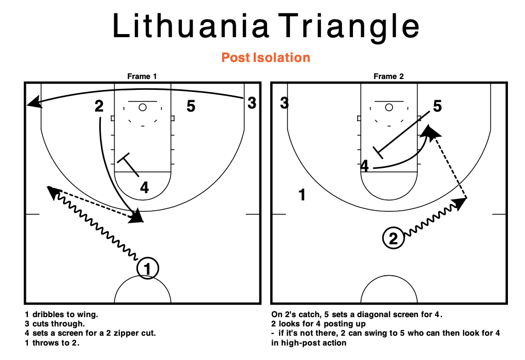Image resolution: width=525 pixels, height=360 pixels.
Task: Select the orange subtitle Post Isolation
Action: coord(266,57)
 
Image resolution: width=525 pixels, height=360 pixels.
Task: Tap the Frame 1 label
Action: coord(142,76)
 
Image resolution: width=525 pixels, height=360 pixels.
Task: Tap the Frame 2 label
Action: coord(389,76)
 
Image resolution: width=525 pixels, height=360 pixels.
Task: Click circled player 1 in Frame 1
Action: coord(148,269)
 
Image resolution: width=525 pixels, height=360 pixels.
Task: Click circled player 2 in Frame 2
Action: coord(393,239)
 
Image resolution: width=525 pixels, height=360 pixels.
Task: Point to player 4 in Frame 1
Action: coord(145,188)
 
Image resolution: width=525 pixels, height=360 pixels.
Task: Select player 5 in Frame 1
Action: coord(191,107)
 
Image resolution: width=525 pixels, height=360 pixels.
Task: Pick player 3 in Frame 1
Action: coord(252,103)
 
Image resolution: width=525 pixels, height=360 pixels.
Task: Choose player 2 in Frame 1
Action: coord(99,106)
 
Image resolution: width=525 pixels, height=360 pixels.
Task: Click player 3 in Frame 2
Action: coord(284,103)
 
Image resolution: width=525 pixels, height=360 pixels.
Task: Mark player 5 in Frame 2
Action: coord(437,107)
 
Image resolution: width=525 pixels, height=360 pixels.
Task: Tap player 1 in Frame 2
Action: coord(302,195)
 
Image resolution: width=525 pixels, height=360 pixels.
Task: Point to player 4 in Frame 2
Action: coord(365,166)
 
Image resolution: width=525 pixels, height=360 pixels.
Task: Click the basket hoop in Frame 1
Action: coord(142,107)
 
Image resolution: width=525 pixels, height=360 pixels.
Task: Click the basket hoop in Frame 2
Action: coord(389,107)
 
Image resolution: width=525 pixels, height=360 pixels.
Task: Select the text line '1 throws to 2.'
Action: coord(52,343)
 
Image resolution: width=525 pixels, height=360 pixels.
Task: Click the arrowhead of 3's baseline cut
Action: coord(33,102)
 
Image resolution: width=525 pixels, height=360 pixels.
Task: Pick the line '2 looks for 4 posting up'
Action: coord(318,324)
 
